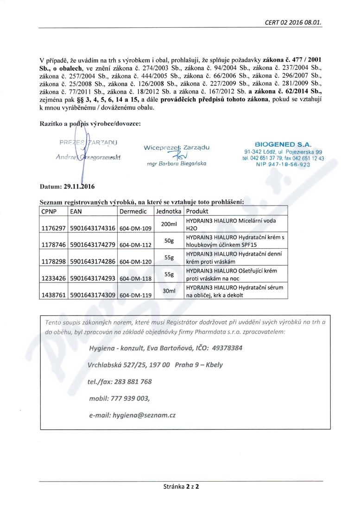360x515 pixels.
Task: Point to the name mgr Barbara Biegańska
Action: click(177, 163)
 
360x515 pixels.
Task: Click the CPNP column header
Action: click(50, 211)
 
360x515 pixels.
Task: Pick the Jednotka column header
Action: click(169, 211)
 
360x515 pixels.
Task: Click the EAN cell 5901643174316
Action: click(92, 228)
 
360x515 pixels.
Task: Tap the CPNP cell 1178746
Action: click(53, 245)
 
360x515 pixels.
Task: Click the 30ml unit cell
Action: click(168, 291)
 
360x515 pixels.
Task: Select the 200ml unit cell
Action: click(169, 224)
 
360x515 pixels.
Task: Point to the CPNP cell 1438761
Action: click(53, 295)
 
